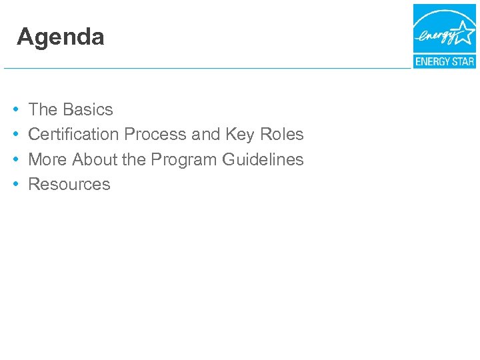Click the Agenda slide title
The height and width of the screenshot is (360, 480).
(61, 37)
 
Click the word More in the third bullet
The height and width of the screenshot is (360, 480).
(48, 159)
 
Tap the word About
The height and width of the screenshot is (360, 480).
(95, 159)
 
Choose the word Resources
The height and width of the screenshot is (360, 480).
(69, 184)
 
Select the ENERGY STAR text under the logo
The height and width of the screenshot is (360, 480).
(444, 61)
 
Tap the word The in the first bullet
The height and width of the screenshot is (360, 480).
(43, 109)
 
